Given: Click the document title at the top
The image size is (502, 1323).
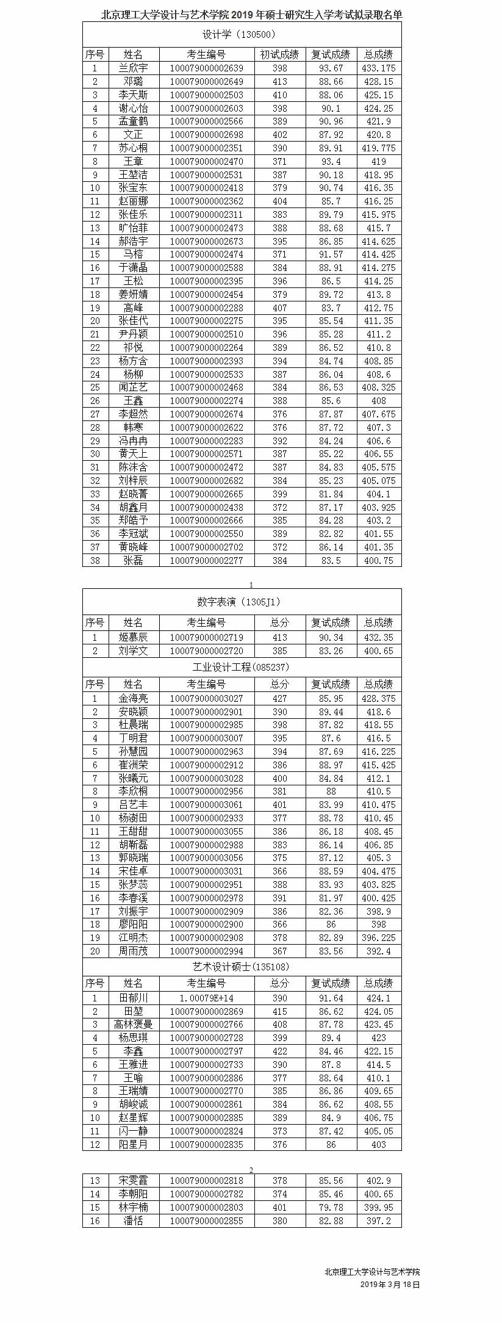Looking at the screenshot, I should click(251, 15).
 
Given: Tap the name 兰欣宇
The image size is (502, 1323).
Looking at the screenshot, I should click(133, 68).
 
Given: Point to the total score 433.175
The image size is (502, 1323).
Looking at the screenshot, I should click(378, 68).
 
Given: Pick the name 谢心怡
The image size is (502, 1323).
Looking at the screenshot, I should click(133, 109).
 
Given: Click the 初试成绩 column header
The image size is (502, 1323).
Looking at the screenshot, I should click(279, 55).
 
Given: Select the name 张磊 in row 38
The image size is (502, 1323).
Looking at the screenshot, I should click(133, 560).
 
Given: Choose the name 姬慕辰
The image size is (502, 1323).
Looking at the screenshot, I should click(133, 638).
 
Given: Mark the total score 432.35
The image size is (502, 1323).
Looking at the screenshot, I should click(378, 638).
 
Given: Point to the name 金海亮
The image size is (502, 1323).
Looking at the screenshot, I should click(133, 699).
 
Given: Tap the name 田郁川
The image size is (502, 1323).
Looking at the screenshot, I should click(133, 998).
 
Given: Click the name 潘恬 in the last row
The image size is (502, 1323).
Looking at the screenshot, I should click(133, 1221).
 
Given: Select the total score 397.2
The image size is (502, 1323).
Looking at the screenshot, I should click(378, 1221).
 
